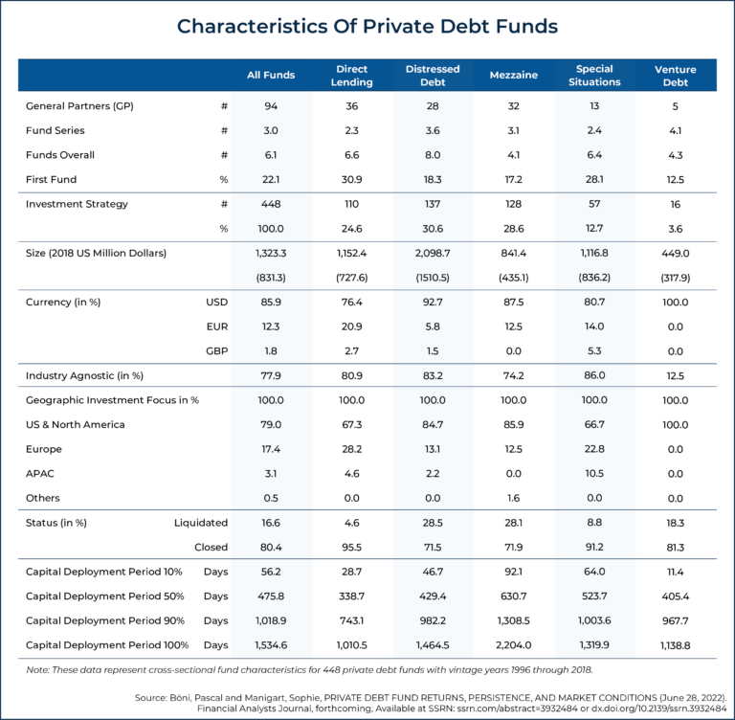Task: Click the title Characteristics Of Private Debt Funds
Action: [367, 26]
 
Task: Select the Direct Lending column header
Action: [353, 76]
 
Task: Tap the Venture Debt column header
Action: [675, 76]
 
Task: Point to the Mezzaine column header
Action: [513, 76]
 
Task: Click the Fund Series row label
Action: [55, 130]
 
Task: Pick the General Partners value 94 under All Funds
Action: [271, 105]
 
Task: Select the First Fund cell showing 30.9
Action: [353, 179]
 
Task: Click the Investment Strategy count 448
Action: [271, 204]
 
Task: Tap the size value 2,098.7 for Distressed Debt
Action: [434, 253]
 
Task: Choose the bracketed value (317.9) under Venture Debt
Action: [675, 277]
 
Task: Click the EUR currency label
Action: [216, 326]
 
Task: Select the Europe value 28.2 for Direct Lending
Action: [353, 449]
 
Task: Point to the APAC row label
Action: [40, 473]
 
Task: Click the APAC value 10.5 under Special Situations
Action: [594, 473]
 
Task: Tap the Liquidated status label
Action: [201, 523]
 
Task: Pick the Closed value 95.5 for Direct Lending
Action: [353, 548]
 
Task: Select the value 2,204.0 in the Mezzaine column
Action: [513, 645]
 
